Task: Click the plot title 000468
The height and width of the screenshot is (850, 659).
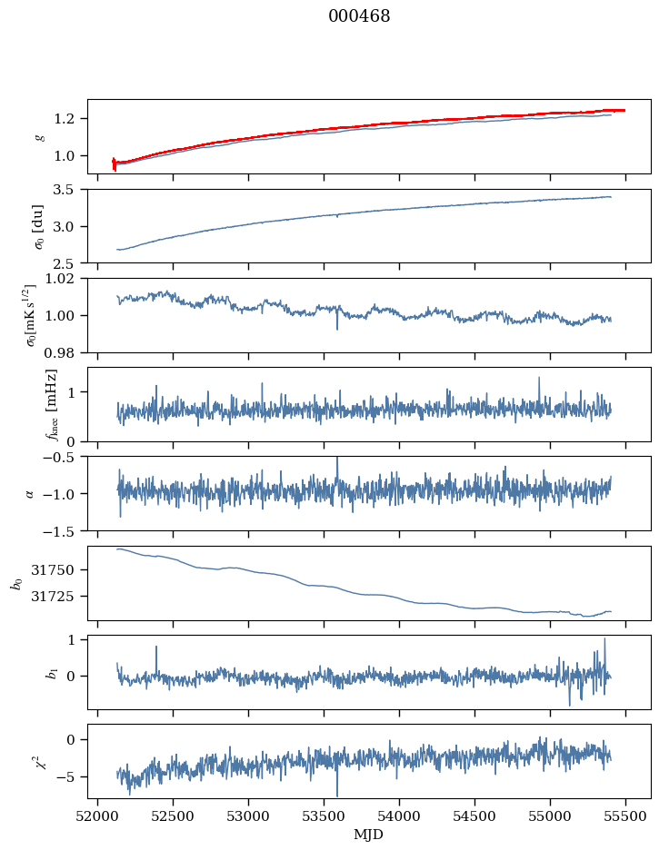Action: click(x=360, y=16)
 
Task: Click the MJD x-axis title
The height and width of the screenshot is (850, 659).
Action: click(x=369, y=835)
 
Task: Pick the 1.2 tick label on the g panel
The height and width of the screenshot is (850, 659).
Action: click(x=69, y=119)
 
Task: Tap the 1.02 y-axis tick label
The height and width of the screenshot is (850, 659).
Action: click(x=65, y=279)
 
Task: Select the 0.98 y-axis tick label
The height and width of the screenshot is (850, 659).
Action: click(x=65, y=352)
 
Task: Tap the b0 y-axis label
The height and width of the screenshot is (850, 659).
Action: click(x=15, y=583)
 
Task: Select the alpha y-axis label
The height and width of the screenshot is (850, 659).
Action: click(x=30, y=493)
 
